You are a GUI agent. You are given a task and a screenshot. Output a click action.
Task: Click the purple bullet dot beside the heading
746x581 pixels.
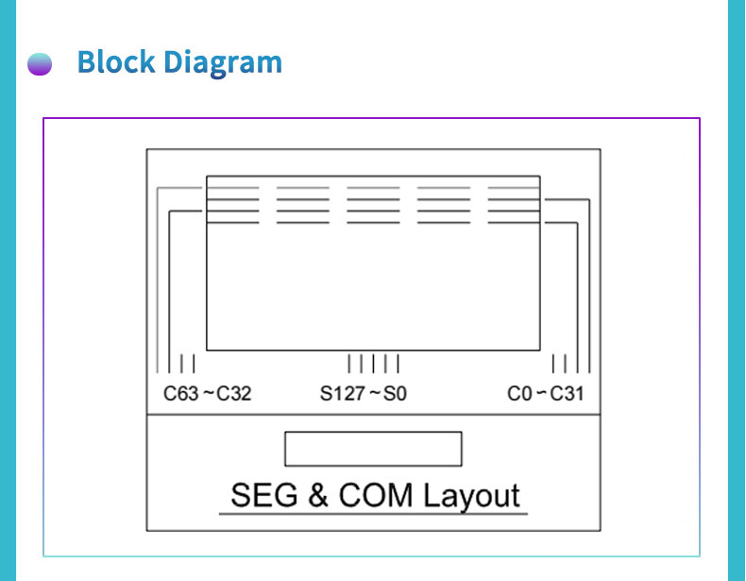pyautogui.click(x=40, y=64)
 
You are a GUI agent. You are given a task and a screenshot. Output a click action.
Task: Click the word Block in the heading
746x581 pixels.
pyautogui.click(x=116, y=62)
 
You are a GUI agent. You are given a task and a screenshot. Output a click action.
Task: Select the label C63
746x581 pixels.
pyautogui.click(x=180, y=394)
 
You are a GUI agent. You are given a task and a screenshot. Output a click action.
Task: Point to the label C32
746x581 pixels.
pyautogui.click(x=234, y=394)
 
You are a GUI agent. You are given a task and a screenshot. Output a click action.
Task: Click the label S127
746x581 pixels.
pyautogui.click(x=342, y=394)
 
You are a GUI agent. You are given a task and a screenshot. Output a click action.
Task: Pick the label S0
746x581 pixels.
pyautogui.click(x=396, y=394)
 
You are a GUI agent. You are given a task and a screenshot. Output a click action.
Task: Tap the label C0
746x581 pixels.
pyautogui.click(x=519, y=394)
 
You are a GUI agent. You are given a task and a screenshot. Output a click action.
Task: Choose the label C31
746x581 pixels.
pyautogui.click(x=568, y=394)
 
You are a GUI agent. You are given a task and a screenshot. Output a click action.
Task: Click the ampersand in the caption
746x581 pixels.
pyautogui.click(x=317, y=496)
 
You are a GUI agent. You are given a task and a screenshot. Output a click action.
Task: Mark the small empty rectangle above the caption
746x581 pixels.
pyautogui.click(x=373, y=449)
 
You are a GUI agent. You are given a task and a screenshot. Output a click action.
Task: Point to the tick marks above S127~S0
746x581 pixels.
pyautogui.click(x=374, y=364)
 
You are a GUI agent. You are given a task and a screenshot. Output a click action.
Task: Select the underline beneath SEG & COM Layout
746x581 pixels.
pyautogui.click(x=373, y=514)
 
